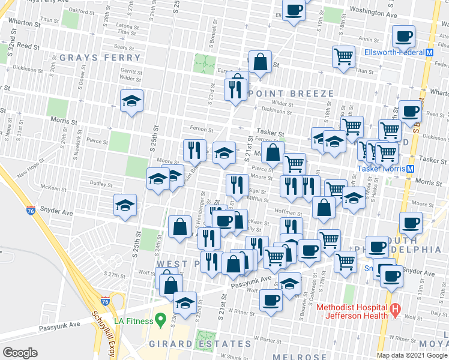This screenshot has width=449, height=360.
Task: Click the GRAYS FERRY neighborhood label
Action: point(100,58)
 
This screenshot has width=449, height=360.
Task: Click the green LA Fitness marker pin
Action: point(160,318)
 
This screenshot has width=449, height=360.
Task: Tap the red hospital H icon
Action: point(395,310)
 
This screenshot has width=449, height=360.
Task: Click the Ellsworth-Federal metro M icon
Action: point(429,52)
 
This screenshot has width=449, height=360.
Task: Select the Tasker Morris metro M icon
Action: point(411,169)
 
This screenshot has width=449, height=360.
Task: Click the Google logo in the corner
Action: point(20,352)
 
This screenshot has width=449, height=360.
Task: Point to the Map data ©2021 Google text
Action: point(411,355)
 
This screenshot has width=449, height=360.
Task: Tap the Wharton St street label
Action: point(24,25)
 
